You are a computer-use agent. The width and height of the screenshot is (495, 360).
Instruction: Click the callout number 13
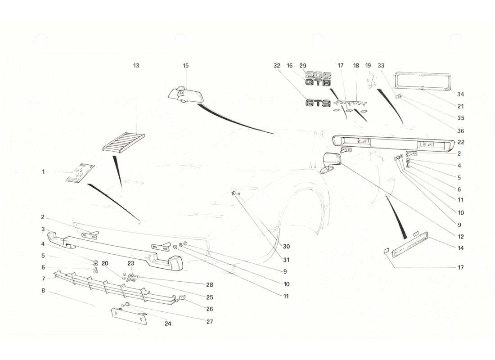click(x=136, y=66)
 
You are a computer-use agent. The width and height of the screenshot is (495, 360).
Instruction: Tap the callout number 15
click(x=186, y=66)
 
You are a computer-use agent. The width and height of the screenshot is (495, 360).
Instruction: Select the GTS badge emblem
click(x=318, y=103)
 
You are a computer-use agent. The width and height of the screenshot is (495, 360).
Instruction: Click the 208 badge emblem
click(x=319, y=75)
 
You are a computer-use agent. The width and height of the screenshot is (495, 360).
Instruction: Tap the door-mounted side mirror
click(x=332, y=162)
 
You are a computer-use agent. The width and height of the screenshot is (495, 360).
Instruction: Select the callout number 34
click(x=460, y=94)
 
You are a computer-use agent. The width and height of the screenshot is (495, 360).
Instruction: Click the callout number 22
click(x=460, y=142)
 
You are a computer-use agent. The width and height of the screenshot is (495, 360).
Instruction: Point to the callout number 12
click(x=460, y=236)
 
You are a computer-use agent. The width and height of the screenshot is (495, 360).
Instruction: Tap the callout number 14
click(x=460, y=248)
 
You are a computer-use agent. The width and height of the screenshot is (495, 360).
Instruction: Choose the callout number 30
click(x=287, y=246)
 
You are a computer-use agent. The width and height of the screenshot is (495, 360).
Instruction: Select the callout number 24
click(x=168, y=324)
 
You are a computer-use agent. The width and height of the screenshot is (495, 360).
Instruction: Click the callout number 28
click(x=210, y=285)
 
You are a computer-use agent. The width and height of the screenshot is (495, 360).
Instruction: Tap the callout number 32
click(x=276, y=66)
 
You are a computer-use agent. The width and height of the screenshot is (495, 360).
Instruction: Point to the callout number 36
click(x=460, y=131)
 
